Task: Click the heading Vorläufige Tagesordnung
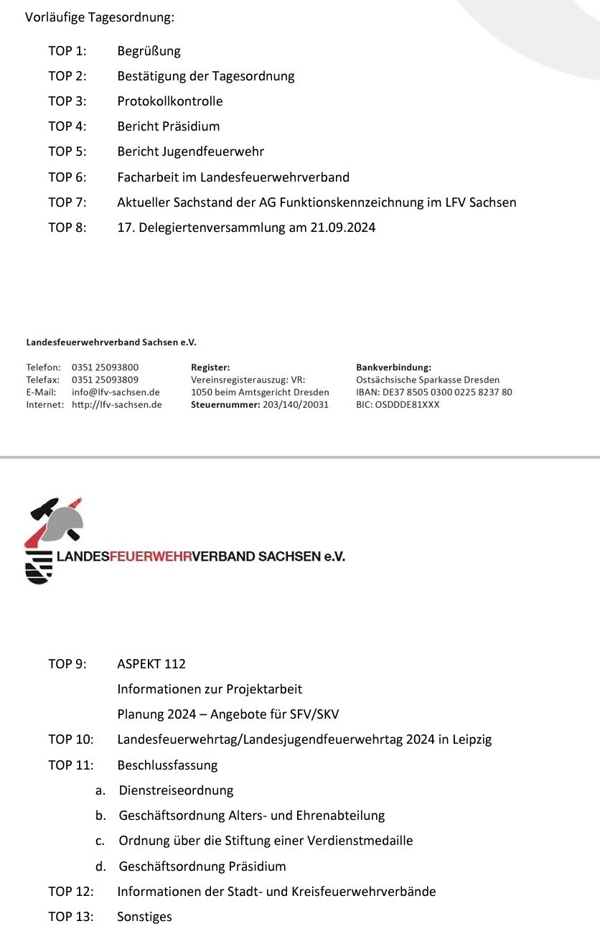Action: click(100, 17)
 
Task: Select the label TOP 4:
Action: click(67, 126)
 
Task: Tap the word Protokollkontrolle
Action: click(170, 101)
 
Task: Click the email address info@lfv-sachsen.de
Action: click(116, 393)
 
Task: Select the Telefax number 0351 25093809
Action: click(106, 380)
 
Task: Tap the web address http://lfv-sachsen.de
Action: click(117, 405)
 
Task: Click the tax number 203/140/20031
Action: click(296, 405)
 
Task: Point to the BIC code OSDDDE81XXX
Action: click(408, 405)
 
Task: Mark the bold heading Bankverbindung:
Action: click(393, 368)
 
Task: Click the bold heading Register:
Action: click(210, 368)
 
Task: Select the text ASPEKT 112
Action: click(151, 664)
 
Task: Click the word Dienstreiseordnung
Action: click(177, 790)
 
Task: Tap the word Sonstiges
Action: click(144, 917)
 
